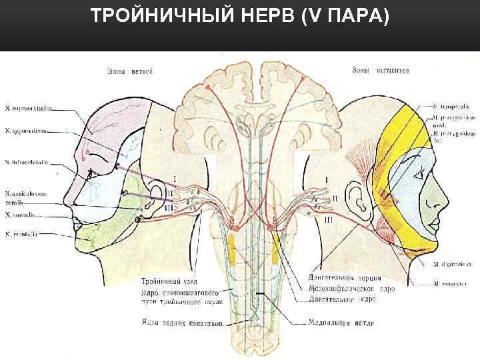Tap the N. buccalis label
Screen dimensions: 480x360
21,215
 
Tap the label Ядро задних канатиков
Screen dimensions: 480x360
176,323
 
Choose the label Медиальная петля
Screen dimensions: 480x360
341,323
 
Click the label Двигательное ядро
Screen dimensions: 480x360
339,299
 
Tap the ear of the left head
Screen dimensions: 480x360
157,194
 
